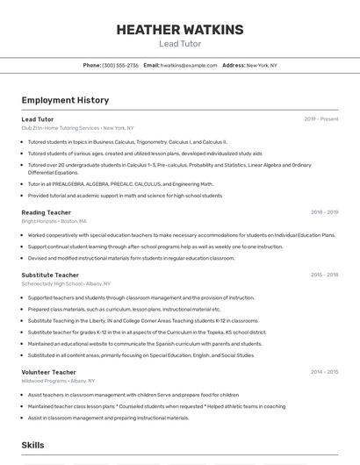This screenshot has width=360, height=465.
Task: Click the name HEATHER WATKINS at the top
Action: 180,30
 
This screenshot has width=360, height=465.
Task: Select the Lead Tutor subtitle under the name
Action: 180,44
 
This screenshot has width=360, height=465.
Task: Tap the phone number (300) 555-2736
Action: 120,65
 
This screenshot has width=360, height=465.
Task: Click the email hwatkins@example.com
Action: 189,65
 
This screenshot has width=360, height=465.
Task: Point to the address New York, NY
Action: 262,65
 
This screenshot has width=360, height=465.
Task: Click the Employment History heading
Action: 65,100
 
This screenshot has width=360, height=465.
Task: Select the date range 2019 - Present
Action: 321,118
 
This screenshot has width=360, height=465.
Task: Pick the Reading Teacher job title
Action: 47,212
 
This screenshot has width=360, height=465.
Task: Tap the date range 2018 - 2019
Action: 324,212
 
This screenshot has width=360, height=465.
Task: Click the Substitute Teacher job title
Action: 50,275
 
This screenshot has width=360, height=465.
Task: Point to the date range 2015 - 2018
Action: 324,275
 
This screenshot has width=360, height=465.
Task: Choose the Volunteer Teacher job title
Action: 49,372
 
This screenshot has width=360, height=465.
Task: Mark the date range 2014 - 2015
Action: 324,372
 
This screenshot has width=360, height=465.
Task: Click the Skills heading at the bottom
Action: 33,446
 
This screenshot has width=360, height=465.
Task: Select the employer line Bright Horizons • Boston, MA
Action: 54,221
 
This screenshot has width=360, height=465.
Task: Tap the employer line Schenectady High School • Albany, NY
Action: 66,283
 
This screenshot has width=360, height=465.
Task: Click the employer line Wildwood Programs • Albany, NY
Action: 59,381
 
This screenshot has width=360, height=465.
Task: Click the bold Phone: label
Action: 92,65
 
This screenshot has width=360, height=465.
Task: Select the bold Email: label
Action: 151,65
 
